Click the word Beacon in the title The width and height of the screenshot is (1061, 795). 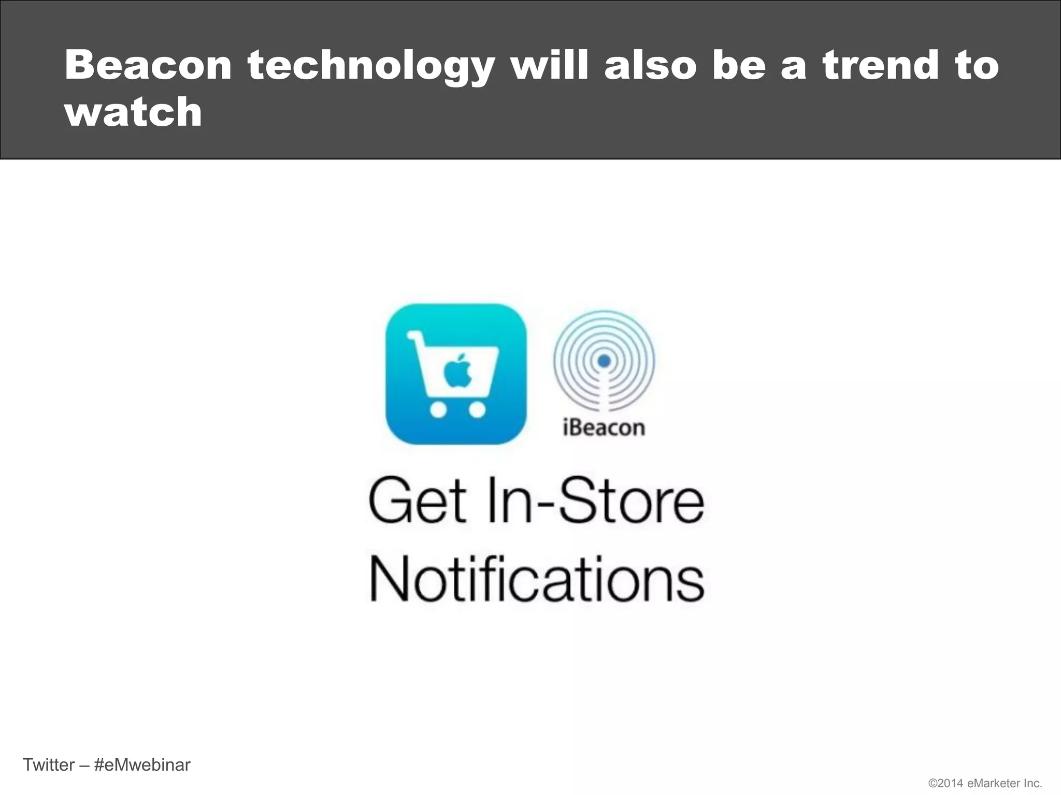coord(148,66)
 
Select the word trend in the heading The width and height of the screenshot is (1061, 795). coord(881,66)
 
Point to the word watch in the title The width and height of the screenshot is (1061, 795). coord(133,112)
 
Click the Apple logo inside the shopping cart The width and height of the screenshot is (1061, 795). coord(457,371)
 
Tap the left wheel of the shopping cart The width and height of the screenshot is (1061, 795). coord(438,410)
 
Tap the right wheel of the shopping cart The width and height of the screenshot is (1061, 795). coord(477,410)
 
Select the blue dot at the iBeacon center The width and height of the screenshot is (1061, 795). coord(604,361)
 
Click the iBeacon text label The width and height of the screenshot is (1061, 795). coord(604,428)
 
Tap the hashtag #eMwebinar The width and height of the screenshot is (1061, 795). coord(142,764)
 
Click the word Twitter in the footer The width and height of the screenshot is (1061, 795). coord(49,764)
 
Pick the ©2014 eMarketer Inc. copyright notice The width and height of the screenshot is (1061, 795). coord(985,784)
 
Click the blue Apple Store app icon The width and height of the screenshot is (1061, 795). coord(456,374)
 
